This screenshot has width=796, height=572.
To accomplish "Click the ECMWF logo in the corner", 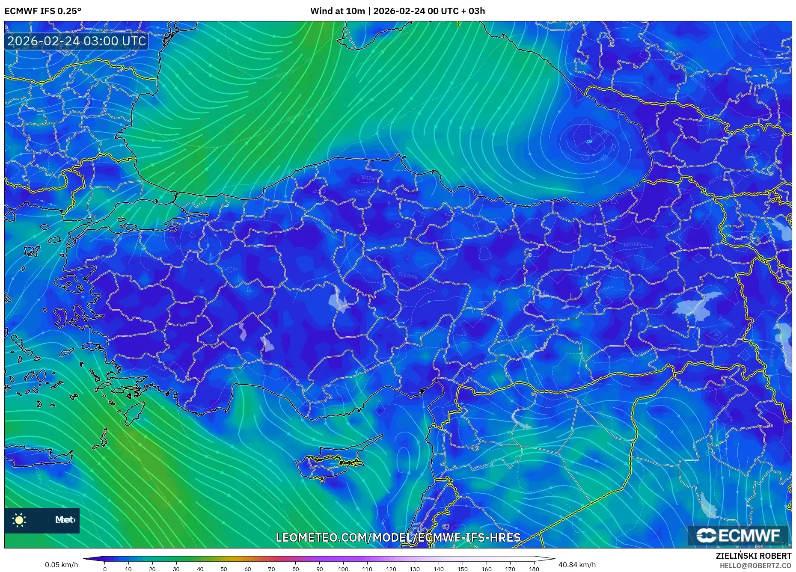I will click(x=738, y=536).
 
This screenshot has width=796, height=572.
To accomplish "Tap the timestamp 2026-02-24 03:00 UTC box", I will click(x=77, y=41).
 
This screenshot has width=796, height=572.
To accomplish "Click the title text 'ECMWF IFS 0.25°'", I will click(x=43, y=11).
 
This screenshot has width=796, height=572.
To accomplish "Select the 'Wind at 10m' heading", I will click(x=337, y=11).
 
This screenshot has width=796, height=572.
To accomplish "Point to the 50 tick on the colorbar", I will click(x=224, y=569).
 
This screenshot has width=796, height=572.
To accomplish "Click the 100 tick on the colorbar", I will click(x=343, y=569).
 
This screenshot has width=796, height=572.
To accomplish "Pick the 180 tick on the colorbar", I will click(x=534, y=569).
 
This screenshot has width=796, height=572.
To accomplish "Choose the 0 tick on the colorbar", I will click(x=105, y=569).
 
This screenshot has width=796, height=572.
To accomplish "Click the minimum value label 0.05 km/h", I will click(x=62, y=565).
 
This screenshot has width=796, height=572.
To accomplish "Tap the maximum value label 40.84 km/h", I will click(x=577, y=565).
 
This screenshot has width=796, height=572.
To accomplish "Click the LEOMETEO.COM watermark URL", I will click(x=398, y=537).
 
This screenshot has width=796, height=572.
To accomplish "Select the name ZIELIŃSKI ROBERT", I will click(x=754, y=556).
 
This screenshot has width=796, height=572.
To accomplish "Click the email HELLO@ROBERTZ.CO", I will click(x=755, y=566).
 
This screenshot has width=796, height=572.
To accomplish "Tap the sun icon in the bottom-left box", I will click(x=19, y=520).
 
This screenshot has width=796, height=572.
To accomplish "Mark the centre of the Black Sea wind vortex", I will click(x=589, y=141).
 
